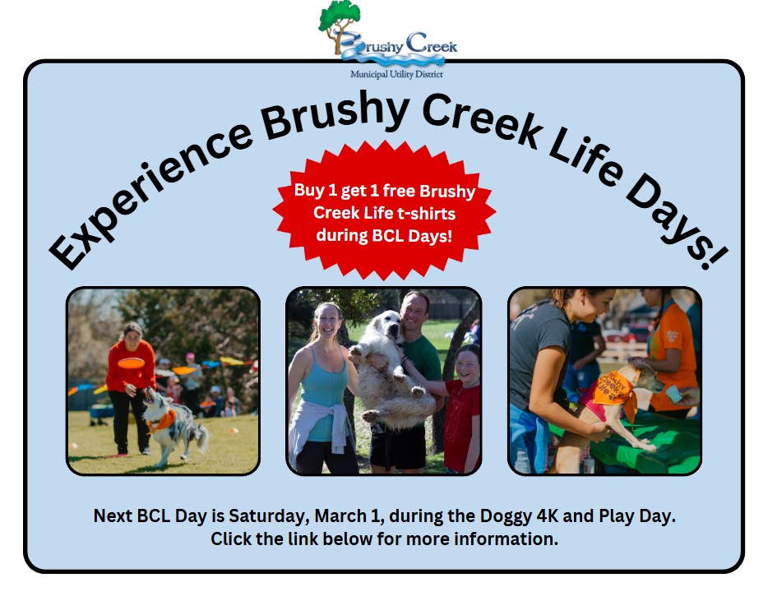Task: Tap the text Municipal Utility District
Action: click(x=396, y=74)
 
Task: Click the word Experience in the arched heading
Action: click(x=149, y=193)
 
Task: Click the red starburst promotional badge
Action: click(x=384, y=210)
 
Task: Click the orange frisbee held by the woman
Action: click(x=132, y=363)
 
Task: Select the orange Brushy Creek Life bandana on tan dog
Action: click(x=613, y=389)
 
